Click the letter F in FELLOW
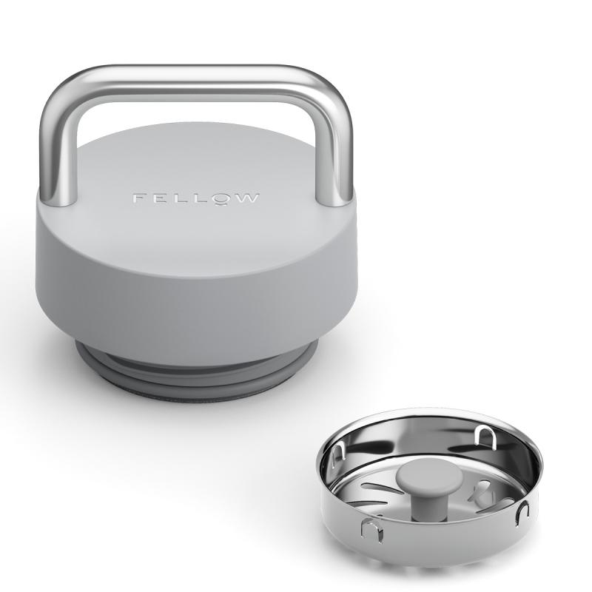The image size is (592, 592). (138, 198)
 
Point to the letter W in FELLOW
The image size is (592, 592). (247, 198)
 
